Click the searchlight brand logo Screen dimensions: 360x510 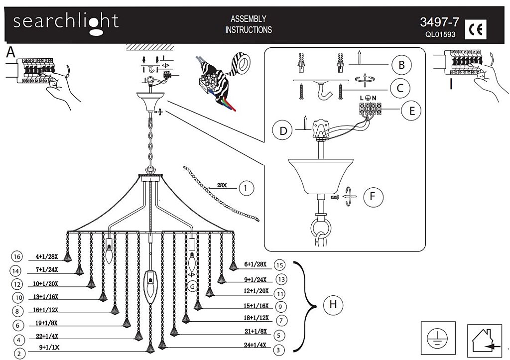(x=65, y=23)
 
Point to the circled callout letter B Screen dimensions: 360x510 (x=400, y=65)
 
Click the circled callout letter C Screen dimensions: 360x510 (x=399, y=89)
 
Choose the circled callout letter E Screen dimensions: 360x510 (x=411, y=110)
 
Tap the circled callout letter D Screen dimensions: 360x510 (x=283, y=131)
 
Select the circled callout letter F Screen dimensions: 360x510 (x=373, y=197)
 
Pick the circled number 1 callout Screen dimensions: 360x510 (x=247, y=188)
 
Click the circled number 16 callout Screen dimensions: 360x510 (x=17, y=257)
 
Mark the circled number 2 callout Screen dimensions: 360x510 (x=19, y=354)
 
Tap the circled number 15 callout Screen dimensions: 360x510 (x=280, y=265)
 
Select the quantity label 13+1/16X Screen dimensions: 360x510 (x=46, y=297)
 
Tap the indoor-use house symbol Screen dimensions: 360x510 (x=484, y=340)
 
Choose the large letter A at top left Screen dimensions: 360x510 (x=10, y=53)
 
